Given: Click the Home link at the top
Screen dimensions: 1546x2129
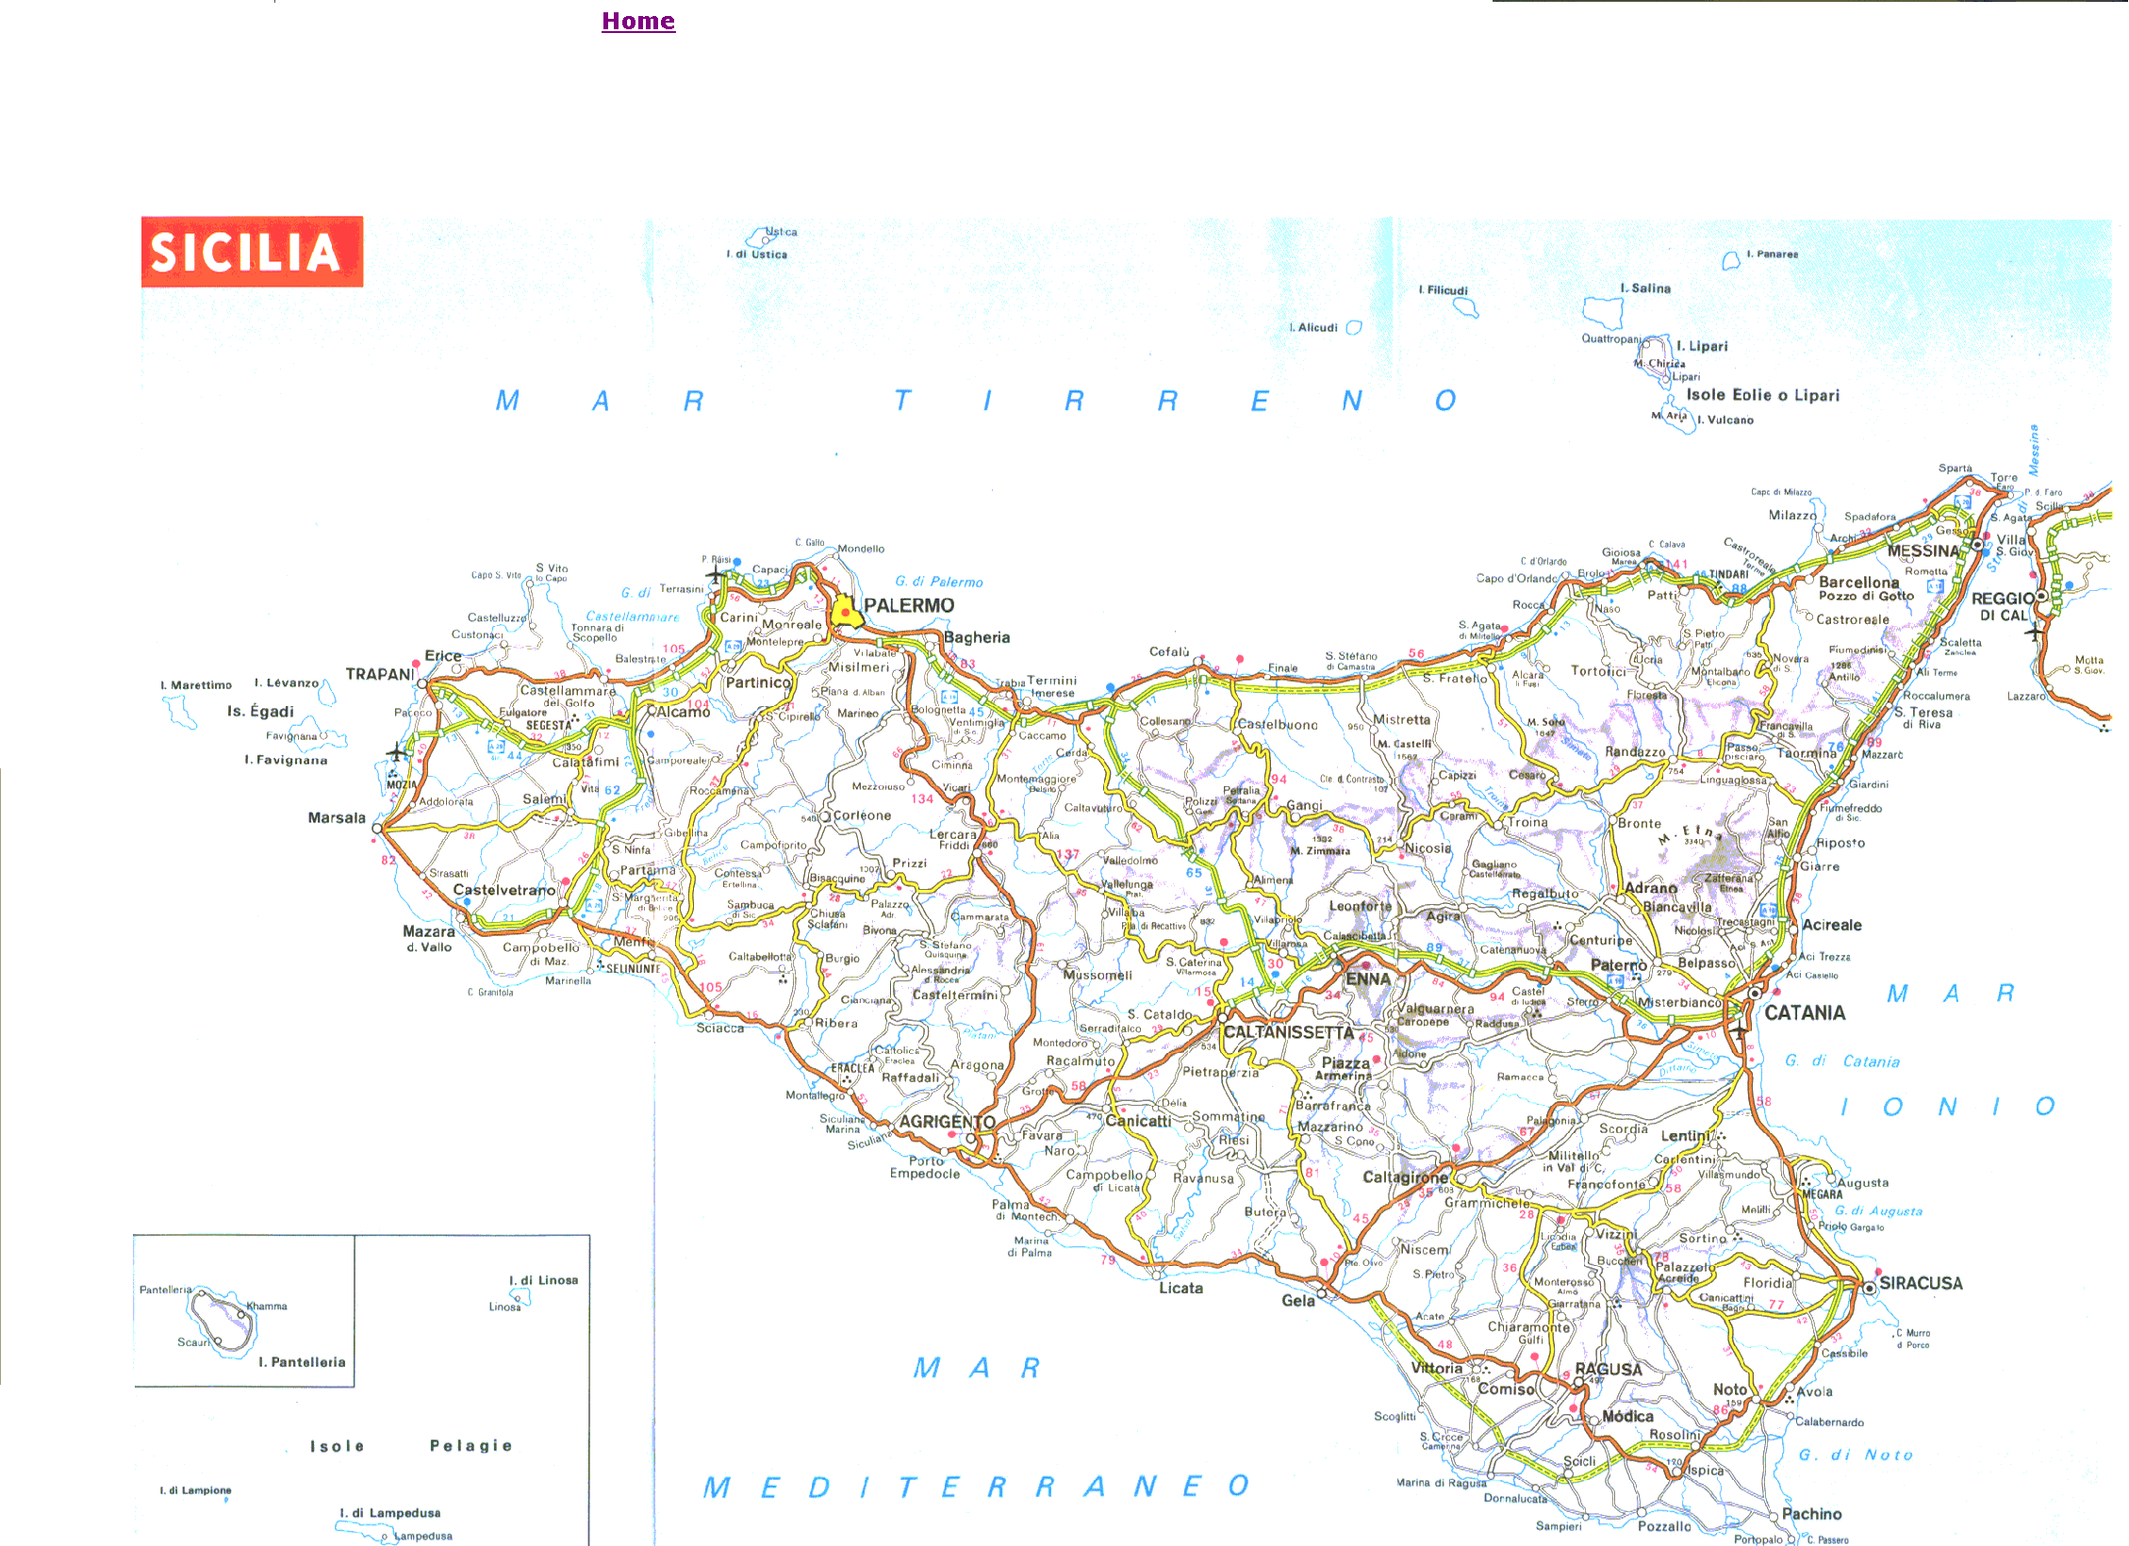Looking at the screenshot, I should (x=638, y=21).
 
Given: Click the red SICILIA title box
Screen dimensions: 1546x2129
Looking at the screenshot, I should (x=252, y=252).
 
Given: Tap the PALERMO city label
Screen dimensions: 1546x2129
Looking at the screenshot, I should (x=909, y=605).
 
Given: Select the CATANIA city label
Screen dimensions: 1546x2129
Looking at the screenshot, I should (x=1805, y=1012).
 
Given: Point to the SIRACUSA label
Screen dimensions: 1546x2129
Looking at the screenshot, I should (x=1921, y=1283).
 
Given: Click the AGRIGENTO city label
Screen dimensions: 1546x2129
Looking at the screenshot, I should (x=947, y=1122).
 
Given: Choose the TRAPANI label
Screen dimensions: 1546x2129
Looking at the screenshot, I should (x=380, y=674).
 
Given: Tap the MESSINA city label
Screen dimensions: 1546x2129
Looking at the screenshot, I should (x=1923, y=551).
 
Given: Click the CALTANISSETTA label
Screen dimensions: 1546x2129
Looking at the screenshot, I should (x=1288, y=1032).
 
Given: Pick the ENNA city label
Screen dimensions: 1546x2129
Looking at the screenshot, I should (x=1367, y=979).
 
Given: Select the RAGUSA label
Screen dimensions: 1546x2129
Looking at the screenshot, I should (x=1609, y=1369).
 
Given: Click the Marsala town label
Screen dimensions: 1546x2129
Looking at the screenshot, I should (x=337, y=817).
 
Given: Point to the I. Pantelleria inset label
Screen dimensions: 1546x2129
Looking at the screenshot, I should (x=302, y=1362).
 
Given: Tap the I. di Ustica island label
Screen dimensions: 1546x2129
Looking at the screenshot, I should (x=756, y=255).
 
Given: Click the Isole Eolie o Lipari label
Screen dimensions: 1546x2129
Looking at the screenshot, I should (x=1762, y=395).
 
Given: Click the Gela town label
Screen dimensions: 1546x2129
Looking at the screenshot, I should (x=1297, y=1300).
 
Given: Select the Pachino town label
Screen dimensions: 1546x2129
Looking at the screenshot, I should (x=1811, y=1513).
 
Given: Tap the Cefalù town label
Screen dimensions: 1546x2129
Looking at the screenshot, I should (x=1169, y=651).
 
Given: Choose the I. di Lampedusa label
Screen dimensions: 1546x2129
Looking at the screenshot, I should (x=390, y=1513).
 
